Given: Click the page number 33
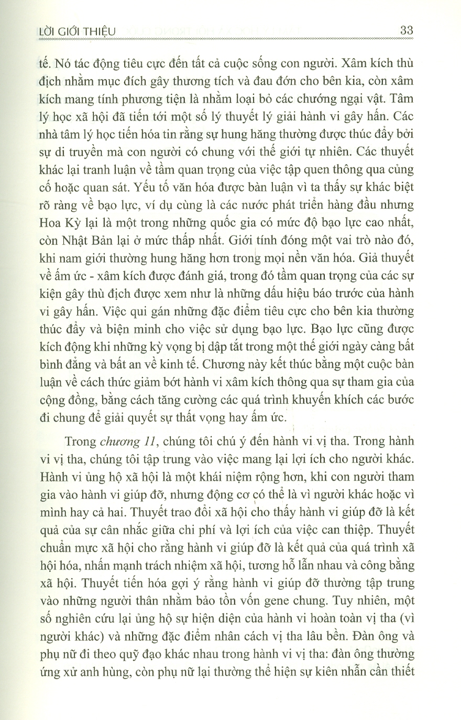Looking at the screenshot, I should coord(407,30).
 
